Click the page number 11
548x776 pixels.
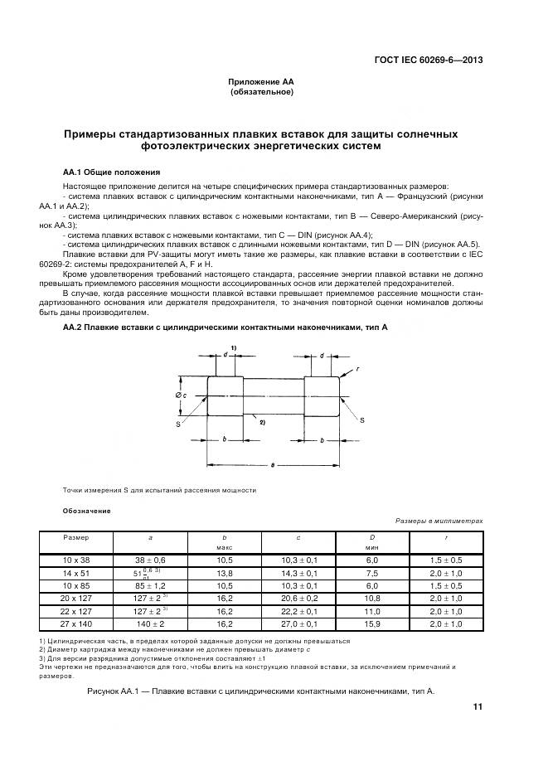click(x=478, y=706)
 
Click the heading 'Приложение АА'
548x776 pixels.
click(x=261, y=81)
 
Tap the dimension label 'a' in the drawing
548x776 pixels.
click(x=273, y=468)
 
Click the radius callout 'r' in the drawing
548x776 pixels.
click(x=356, y=369)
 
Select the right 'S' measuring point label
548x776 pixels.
click(x=361, y=421)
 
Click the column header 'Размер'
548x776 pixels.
click(x=76, y=538)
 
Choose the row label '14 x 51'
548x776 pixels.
click(x=76, y=573)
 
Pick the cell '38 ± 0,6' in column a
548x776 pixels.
click(x=150, y=561)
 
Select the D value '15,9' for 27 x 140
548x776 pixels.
click(x=372, y=623)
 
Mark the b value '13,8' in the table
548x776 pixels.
click(x=224, y=573)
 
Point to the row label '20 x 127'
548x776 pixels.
click(x=76, y=599)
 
